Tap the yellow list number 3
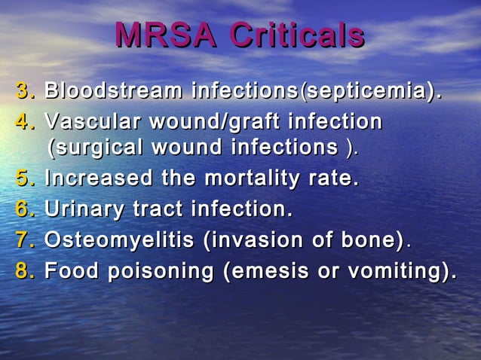tap(25, 93)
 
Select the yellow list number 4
tap(25, 122)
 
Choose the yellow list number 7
tap(25, 240)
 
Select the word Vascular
tap(94, 122)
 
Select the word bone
tap(372, 240)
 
